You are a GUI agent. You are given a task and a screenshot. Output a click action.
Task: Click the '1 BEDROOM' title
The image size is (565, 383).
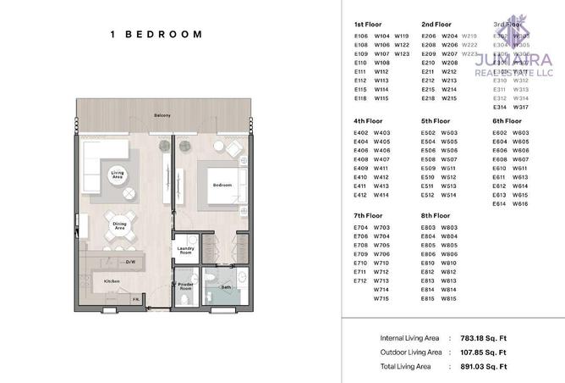tap(156, 35)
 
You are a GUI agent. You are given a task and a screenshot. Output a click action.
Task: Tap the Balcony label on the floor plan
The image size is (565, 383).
tap(162, 115)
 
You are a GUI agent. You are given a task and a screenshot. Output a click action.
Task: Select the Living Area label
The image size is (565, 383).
tap(118, 175)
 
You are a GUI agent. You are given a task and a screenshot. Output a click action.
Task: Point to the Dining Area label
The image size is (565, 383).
tap(119, 226)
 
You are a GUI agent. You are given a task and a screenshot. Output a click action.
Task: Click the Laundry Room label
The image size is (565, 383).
tap(184, 251)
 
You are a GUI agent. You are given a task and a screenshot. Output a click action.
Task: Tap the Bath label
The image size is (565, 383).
tap(226, 287)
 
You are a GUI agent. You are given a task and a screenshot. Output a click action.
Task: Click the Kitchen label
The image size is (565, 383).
tap(111, 280)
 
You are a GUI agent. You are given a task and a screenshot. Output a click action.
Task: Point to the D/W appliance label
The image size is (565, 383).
tap(131, 262)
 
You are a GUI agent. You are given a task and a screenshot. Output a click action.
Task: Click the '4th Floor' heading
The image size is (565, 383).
tap(368, 121)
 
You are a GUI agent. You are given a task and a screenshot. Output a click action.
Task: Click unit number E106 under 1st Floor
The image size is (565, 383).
tap(361, 36)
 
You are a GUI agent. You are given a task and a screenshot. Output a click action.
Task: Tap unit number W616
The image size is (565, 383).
tap(520, 204)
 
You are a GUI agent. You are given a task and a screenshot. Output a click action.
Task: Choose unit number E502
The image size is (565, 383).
tap(428, 133)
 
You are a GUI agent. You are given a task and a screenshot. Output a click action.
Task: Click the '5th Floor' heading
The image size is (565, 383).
tap(436, 121)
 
